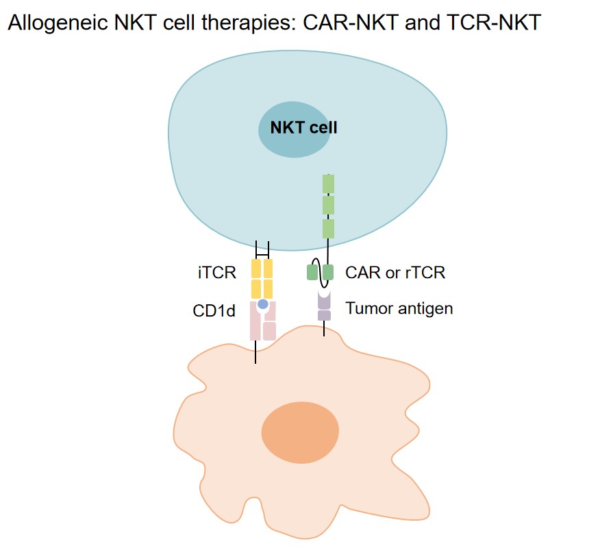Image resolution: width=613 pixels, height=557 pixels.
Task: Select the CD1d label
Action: (x=214, y=311)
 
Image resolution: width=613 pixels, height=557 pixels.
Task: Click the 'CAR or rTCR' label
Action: (x=395, y=273)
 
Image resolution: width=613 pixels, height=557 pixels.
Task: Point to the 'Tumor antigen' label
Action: (x=399, y=308)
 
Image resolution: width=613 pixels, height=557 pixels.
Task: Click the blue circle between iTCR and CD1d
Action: (x=262, y=303)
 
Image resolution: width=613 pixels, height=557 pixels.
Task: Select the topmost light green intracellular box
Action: (x=328, y=184)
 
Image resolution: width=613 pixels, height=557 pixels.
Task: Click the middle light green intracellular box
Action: (x=328, y=206)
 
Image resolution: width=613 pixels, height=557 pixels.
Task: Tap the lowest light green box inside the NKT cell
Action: (x=328, y=228)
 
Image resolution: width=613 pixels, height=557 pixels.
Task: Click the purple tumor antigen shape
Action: (x=324, y=306)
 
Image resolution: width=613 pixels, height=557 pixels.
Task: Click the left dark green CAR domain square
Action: (x=312, y=273)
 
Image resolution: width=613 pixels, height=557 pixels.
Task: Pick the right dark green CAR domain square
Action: (x=329, y=273)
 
